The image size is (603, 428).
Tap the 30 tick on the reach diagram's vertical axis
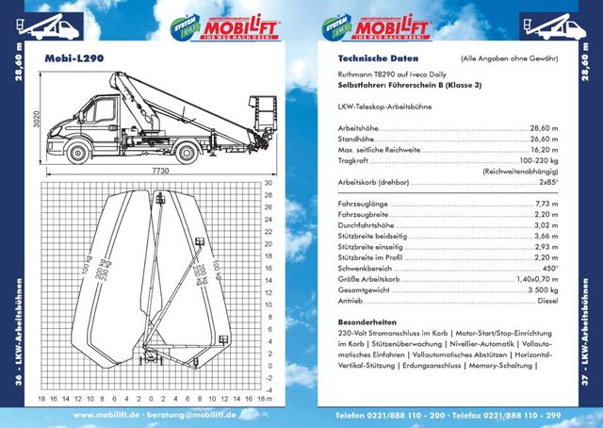(x=269, y=183)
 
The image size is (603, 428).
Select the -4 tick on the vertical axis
(x=269, y=389)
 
